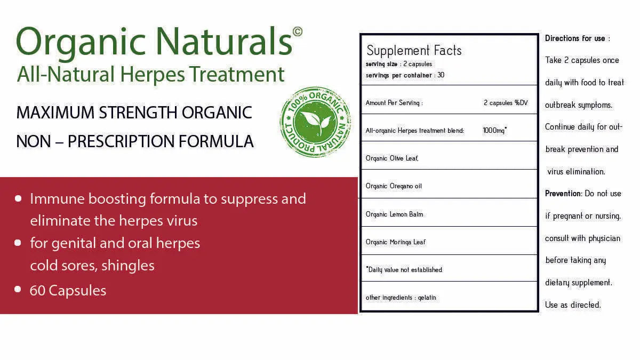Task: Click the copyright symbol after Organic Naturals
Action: click(297, 31)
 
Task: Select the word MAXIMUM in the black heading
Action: click(55, 113)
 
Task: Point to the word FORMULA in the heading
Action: click(216, 141)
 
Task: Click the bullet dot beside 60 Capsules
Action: click(18, 290)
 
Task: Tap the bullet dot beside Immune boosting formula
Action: click(18, 198)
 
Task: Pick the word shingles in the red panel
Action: click(127, 266)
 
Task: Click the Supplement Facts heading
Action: click(414, 51)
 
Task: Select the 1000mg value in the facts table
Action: click(494, 130)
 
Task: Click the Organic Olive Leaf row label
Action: click(392, 158)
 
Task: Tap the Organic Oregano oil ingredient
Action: click(394, 186)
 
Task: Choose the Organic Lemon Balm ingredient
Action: click(394, 214)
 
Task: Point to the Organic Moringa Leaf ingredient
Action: click(395, 242)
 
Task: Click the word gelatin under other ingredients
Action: click(427, 298)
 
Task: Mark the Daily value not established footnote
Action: click(404, 270)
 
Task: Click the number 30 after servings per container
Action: click(441, 75)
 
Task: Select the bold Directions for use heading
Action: click(575, 38)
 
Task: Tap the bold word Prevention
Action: click(563, 194)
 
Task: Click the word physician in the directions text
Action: click(604, 238)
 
